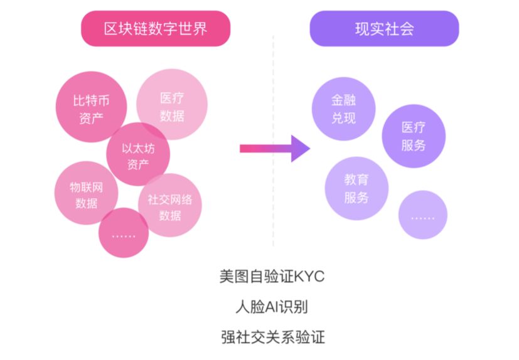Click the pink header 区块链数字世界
point(156,29)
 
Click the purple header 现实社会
point(384,29)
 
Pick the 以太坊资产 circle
point(137,155)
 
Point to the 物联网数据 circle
point(86,194)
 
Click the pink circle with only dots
point(123,233)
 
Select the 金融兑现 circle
point(343,108)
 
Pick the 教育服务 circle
point(356,188)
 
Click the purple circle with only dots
point(422,215)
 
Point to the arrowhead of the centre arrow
point(300,149)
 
